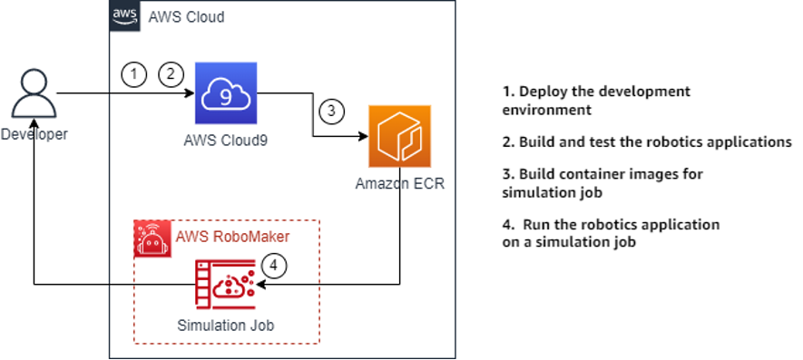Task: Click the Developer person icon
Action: pos(33,94)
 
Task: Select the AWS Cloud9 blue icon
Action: pos(224,92)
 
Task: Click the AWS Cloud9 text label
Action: pos(224,141)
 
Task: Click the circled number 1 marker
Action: pos(133,74)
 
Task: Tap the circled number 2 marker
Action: pos(170,74)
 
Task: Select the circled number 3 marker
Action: pos(332,112)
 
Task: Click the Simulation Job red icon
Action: pos(224,284)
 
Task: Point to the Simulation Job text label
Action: pos(224,325)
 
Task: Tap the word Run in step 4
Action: pos(534,224)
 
